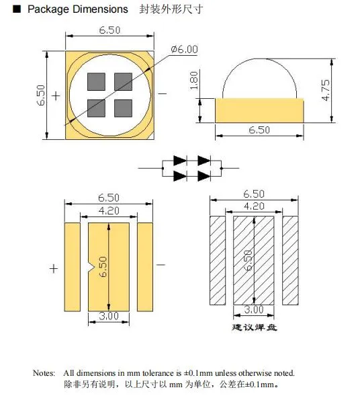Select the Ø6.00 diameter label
(185, 48)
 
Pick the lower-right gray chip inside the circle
(122, 108)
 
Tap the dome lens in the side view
(259, 76)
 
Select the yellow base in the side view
(259, 111)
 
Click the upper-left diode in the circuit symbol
(179, 161)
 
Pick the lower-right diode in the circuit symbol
(202, 175)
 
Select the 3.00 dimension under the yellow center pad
(108, 316)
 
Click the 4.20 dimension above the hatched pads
(253, 206)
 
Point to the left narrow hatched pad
(218, 260)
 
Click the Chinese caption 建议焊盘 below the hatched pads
(255, 327)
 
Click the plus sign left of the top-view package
(55, 95)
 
